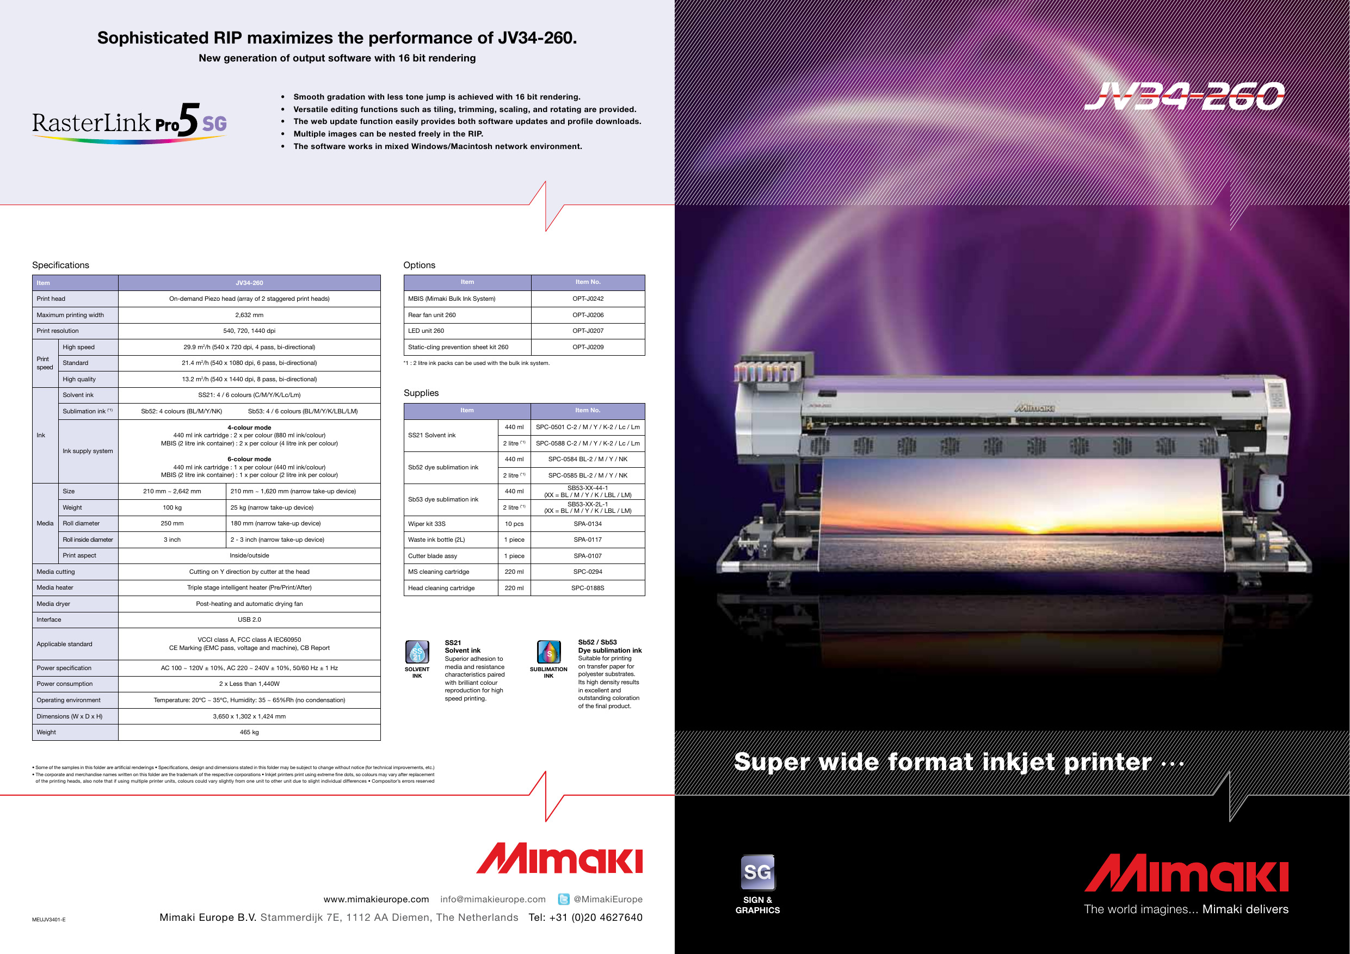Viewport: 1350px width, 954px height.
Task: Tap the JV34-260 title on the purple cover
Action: click(1184, 96)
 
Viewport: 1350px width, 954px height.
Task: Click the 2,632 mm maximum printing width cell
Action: click(249, 315)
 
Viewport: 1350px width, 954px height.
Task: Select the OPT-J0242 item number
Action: click(588, 299)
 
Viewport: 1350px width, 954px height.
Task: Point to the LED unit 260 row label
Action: click(426, 331)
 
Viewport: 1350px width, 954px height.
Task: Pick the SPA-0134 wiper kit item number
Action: click(588, 524)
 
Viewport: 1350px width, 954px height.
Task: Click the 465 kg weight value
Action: click(249, 733)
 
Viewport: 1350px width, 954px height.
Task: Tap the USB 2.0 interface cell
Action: click(249, 620)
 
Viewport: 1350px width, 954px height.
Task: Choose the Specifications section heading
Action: click(60, 265)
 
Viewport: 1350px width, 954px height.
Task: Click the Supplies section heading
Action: click(421, 393)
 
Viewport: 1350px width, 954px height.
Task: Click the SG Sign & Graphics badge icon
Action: click(757, 872)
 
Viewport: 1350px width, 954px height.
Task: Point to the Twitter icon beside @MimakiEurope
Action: click(563, 899)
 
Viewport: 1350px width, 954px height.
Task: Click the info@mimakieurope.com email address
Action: click(493, 899)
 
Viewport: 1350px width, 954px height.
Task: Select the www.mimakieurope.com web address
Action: click(377, 899)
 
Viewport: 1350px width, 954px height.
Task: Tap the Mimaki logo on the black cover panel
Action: click(1186, 873)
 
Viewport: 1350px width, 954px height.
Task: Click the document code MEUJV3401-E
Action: click(49, 920)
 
